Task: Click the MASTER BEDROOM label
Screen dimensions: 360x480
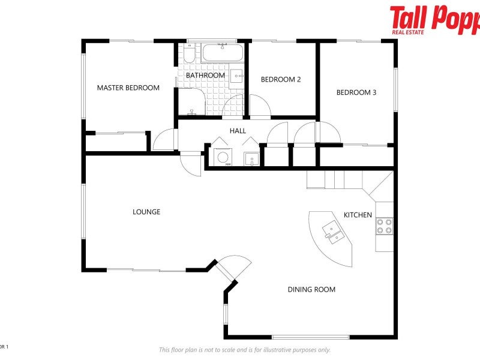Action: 128,88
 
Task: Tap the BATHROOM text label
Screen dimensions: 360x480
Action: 205,76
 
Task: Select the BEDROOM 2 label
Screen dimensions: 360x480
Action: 281,79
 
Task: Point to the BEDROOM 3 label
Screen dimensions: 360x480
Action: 356,92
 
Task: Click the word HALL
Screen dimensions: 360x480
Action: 238,131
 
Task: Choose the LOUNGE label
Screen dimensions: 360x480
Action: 146,212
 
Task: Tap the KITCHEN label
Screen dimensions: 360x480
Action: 358,215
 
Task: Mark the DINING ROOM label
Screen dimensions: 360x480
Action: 311,290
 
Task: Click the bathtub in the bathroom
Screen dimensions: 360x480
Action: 222,53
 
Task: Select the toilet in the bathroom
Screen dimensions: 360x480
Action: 188,57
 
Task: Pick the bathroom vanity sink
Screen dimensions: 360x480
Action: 237,76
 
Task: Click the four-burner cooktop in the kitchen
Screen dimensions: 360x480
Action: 384,226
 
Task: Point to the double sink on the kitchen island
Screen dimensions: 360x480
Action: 332,231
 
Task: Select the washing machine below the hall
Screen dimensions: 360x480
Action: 223,157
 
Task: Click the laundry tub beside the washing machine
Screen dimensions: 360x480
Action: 251,158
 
